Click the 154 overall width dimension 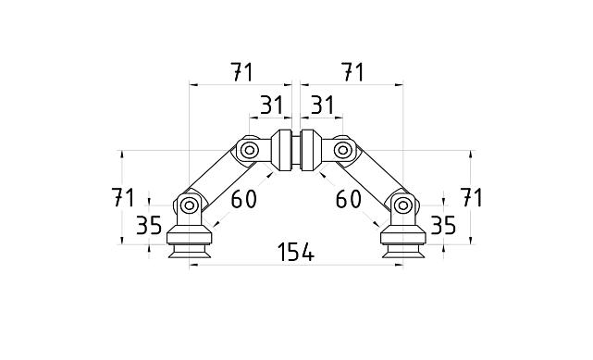[296, 252]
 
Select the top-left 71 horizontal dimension [242, 71]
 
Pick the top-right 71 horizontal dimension [351, 71]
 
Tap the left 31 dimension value [270, 106]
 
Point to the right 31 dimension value [321, 106]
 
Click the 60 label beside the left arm [243, 198]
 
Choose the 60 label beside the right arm [348, 198]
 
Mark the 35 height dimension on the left [149, 225]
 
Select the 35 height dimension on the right [444, 225]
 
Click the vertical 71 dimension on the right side [473, 197]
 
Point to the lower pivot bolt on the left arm [190, 205]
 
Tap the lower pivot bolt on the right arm [402, 205]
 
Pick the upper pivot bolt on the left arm [249, 148]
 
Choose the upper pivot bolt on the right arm [343, 148]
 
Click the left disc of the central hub [283, 151]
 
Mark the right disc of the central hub [309, 151]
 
